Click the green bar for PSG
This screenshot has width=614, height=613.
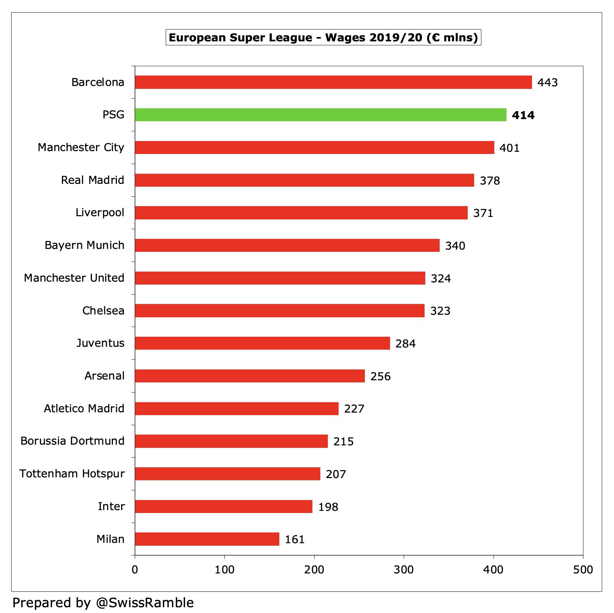321,115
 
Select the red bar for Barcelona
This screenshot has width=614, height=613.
333,82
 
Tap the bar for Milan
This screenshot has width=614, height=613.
207,539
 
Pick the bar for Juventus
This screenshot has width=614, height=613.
262,343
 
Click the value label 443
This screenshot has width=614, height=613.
547,82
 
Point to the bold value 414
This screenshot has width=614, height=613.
523,115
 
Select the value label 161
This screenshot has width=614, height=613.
295,539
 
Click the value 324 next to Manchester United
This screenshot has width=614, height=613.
441,278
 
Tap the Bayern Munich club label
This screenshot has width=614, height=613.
84,245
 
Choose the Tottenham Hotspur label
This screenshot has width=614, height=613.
72,473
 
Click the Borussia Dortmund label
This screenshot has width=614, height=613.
72,441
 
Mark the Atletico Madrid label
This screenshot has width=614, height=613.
84,408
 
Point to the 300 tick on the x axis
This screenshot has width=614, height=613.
404,569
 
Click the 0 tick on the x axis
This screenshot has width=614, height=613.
135,569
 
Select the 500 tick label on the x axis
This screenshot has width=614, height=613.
583,569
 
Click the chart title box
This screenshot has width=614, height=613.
323,37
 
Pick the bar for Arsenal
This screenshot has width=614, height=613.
250,376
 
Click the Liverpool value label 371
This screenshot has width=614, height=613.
483,213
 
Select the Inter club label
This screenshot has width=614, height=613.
111,506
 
